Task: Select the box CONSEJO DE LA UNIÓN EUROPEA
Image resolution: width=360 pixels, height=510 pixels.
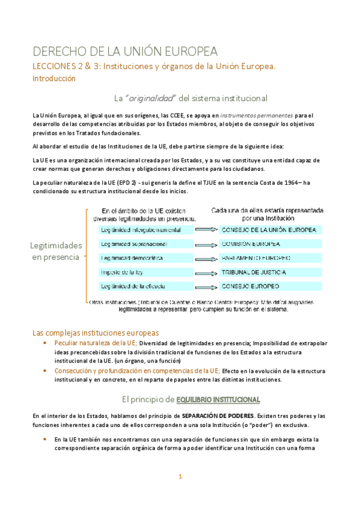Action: coord(271,230)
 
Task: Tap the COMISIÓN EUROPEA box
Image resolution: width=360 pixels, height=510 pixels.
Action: coord(271,244)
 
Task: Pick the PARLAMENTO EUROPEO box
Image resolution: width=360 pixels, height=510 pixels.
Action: coord(271,257)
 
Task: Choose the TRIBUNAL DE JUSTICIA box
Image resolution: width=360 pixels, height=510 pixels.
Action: coord(271,272)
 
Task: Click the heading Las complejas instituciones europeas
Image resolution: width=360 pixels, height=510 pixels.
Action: coord(96,333)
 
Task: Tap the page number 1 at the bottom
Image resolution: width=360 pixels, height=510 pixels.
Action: coord(179,477)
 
